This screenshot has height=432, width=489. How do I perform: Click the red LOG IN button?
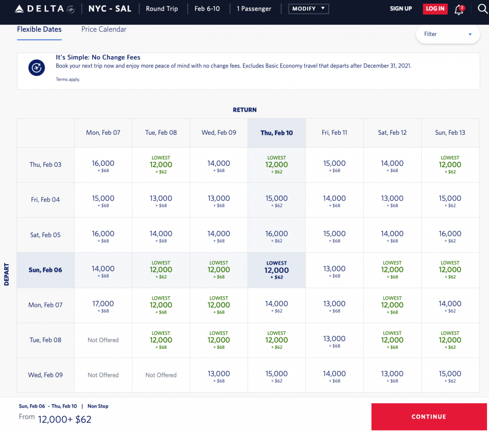pos(435,9)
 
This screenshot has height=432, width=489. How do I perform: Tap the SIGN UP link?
pos(401,9)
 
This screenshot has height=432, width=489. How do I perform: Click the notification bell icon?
pos(459,9)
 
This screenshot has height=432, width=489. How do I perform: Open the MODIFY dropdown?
pos(308,9)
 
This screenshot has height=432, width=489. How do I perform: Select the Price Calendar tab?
pos(104,29)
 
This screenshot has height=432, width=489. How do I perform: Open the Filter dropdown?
pos(447,34)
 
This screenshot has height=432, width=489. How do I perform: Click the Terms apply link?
pos(68,79)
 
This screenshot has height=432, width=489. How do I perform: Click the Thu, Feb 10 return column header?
pos(276,133)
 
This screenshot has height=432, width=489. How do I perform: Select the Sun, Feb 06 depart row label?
pos(45,270)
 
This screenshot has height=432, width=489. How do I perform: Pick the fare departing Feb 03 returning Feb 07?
pos(103,165)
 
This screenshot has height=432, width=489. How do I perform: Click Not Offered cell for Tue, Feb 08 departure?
pos(103,340)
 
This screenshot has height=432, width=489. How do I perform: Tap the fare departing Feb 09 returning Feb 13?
pos(450,376)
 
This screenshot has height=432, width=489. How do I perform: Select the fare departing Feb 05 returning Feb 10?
pos(276,236)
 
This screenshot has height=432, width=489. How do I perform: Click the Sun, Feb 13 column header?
pos(450,133)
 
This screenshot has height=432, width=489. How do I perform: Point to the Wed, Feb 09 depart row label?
pos(45,375)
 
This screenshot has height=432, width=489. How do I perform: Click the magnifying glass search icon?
pos(482,9)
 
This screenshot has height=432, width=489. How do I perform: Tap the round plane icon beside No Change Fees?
pos(36,67)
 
